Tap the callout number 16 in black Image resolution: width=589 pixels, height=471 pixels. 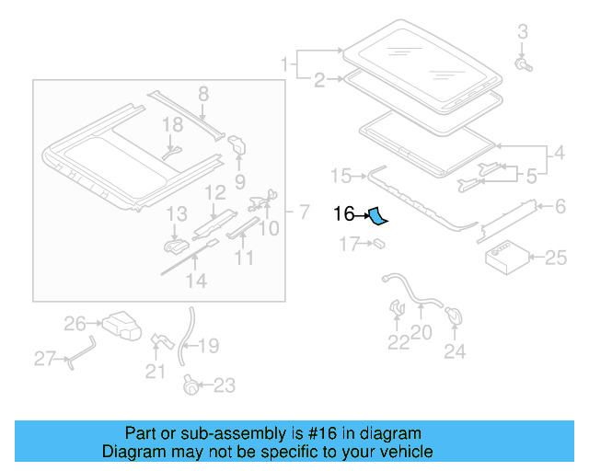[x=343, y=214]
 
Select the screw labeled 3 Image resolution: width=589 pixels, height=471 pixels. [x=523, y=65]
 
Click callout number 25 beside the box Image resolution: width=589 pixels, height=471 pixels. [x=556, y=258]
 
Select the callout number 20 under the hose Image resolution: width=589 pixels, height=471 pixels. [x=421, y=333]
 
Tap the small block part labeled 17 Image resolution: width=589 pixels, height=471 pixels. [x=377, y=244]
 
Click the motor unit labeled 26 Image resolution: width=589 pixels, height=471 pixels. [x=119, y=325]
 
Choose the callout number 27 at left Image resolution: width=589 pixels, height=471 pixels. [x=45, y=358]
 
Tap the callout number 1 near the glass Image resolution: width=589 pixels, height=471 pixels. [x=284, y=63]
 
